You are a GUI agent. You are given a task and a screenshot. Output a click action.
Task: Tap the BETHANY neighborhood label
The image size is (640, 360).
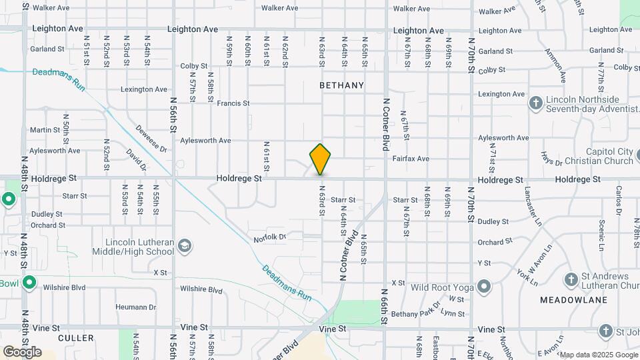pyautogui.click(x=341, y=85)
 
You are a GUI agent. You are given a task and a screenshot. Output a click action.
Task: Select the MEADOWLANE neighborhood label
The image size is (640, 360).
pyautogui.click(x=573, y=300)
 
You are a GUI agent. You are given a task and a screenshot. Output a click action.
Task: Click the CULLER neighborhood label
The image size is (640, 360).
pyautogui.click(x=76, y=338)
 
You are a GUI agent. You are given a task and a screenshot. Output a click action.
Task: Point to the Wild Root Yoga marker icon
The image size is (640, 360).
pyautogui.click(x=485, y=287)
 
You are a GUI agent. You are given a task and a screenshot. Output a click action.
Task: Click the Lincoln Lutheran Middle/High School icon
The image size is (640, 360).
pyautogui.click(x=185, y=247)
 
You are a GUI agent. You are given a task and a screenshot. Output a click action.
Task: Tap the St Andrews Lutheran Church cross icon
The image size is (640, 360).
pyautogui.click(x=571, y=279)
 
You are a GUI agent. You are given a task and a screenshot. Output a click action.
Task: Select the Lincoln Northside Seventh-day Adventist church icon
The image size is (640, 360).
pyautogui.click(x=535, y=103)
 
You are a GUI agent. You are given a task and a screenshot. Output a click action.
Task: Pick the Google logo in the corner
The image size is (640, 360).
pyautogui.click(x=22, y=352)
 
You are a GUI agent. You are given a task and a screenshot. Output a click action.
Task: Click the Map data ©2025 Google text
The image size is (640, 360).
pyautogui.click(x=597, y=355)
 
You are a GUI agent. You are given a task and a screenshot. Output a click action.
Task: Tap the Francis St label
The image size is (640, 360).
pyautogui.click(x=233, y=103)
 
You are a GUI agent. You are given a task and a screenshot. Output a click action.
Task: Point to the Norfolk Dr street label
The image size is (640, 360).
pyautogui.click(x=269, y=238)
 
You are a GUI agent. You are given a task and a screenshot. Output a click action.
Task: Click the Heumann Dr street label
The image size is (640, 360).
pyautogui.click(x=135, y=307)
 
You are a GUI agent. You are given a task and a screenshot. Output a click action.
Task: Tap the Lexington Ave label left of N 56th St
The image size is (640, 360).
pyautogui.click(x=144, y=89)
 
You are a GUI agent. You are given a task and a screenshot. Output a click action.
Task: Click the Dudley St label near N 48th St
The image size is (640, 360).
pyautogui.click(x=46, y=215)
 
